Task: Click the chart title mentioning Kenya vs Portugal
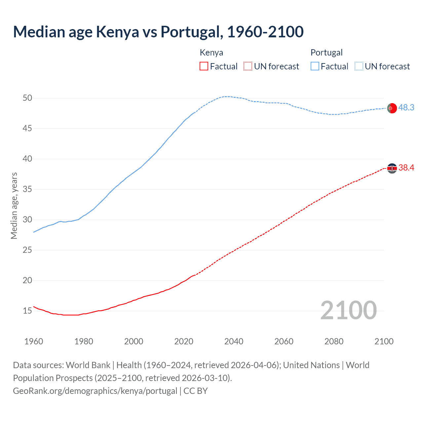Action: point(158,32)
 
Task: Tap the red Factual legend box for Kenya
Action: point(204,66)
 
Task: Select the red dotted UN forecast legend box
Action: point(248,66)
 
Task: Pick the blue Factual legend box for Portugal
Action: point(315,66)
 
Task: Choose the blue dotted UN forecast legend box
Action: point(359,66)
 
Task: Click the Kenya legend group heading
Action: point(211,53)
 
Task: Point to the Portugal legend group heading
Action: point(327,53)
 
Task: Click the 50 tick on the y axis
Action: point(27,98)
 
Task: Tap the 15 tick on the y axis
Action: point(27,311)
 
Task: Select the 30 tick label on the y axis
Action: point(27,220)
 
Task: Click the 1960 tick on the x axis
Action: point(34,341)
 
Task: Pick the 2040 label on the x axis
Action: point(234,341)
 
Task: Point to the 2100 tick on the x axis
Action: point(384,341)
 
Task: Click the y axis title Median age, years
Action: point(14,206)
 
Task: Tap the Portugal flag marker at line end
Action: point(392,108)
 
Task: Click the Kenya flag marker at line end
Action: point(392,168)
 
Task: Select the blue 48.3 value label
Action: point(406,108)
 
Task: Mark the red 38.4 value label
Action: point(406,168)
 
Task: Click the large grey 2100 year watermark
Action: point(348,310)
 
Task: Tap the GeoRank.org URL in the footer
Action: point(95,391)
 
